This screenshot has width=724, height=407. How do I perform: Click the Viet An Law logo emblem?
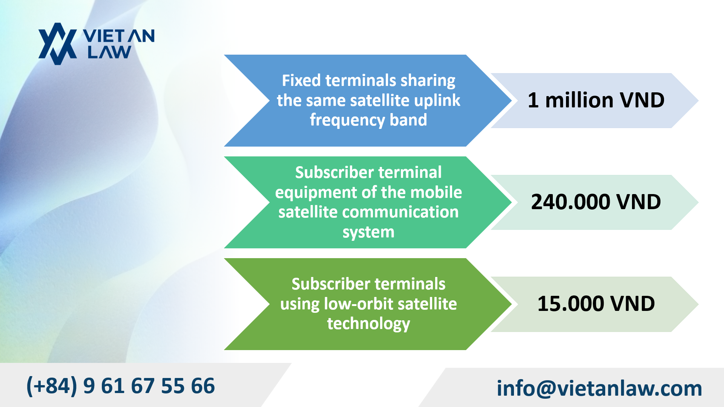pos(58,44)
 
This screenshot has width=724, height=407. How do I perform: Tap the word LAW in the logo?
pos(109,52)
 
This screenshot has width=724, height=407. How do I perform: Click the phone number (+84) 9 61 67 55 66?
pos(121,386)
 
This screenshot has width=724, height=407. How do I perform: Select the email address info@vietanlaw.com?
pos(599,388)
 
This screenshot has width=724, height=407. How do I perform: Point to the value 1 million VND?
pos(596,100)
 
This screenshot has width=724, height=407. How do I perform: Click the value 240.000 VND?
pos(596,202)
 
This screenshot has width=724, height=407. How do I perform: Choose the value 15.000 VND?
pos(596,304)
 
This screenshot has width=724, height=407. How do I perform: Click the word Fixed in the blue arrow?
pos(301,80)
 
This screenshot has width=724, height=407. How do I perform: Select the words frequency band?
pos(368,120)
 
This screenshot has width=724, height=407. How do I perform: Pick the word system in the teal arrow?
pos(368,232)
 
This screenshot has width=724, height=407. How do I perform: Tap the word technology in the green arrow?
pos(368,324)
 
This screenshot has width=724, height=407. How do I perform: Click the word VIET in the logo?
pos(104,36)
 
